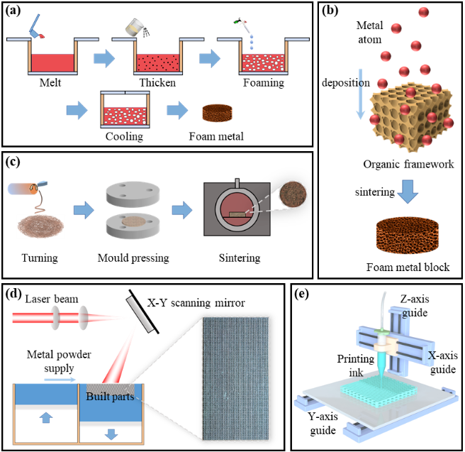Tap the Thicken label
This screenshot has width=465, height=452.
click(x=158, y=82)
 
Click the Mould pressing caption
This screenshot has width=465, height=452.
click(x=134, y=258)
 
